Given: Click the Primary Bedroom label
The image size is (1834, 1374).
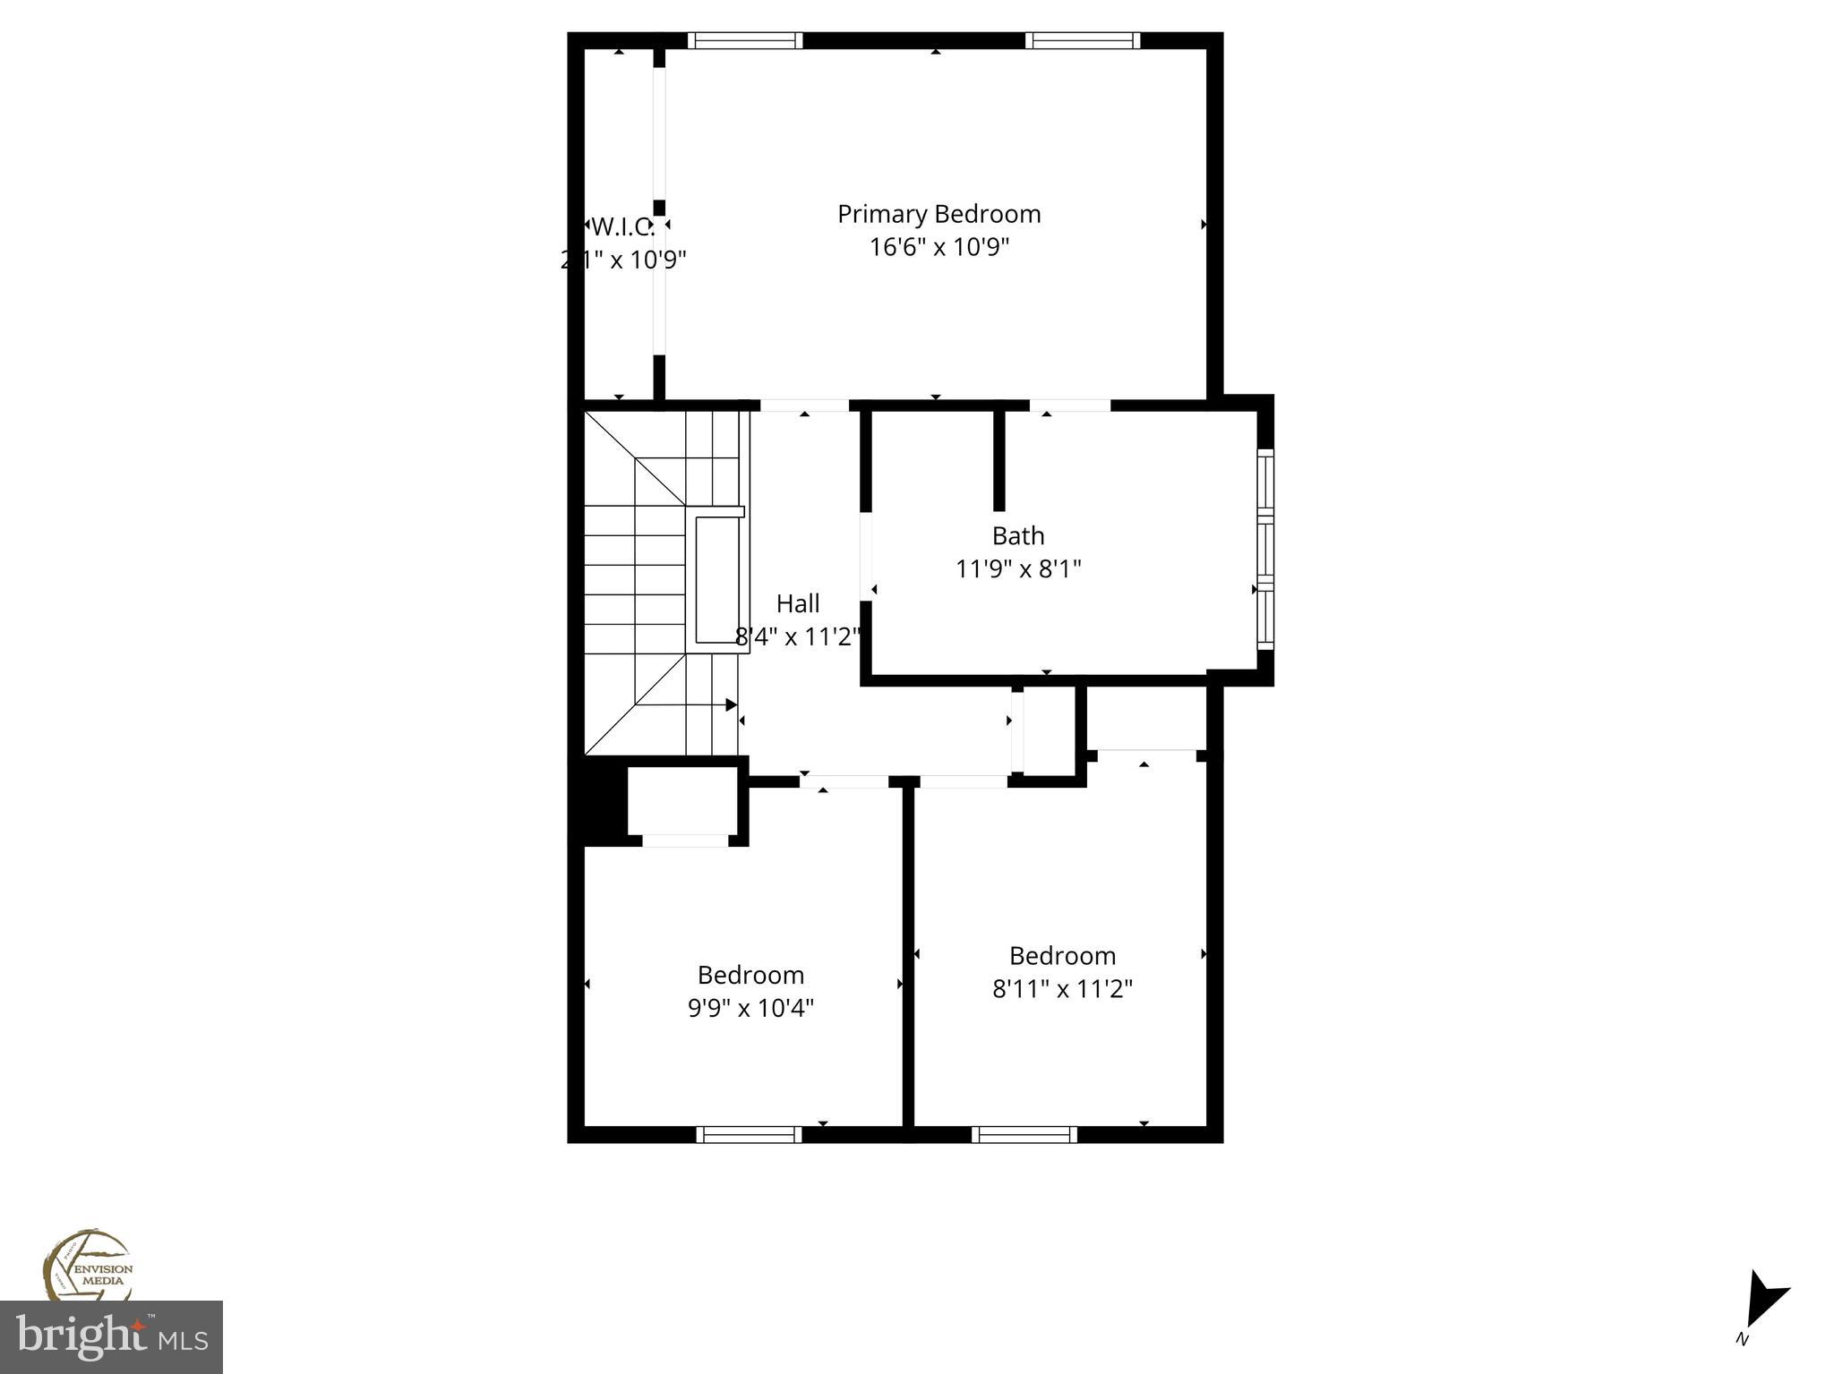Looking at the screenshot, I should point(938,214).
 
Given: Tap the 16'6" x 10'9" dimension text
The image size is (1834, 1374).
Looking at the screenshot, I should point(938,247).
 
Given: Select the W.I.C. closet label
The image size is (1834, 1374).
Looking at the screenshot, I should point(623,226).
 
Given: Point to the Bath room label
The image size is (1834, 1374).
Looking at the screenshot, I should point(1018,535).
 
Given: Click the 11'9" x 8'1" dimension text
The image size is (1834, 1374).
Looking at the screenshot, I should point(1018,568).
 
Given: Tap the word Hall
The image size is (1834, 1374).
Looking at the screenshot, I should point(797,603).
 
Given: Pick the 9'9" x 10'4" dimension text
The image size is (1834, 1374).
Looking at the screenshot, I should point(750,1008).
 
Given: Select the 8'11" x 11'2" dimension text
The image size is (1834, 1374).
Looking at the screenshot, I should point(1062,988).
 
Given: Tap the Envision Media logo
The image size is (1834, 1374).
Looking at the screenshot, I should point(88,1265).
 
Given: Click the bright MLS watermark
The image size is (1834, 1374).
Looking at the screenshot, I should point(111,1337).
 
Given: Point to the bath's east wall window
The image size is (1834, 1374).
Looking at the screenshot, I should point(1264,550).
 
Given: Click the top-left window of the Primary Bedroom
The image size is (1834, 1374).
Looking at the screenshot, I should point(745,40).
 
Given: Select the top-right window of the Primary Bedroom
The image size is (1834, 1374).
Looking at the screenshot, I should point(1082,40).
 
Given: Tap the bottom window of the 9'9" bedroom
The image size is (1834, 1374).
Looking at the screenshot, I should point(749,1134).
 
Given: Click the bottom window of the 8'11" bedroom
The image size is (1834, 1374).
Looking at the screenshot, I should point(1024,1134).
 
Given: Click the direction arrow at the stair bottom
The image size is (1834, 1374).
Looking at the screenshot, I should point(731,705).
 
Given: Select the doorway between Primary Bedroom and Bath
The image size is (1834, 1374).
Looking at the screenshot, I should point(1069,405).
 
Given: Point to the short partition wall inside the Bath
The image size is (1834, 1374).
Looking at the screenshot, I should point(999,460).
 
